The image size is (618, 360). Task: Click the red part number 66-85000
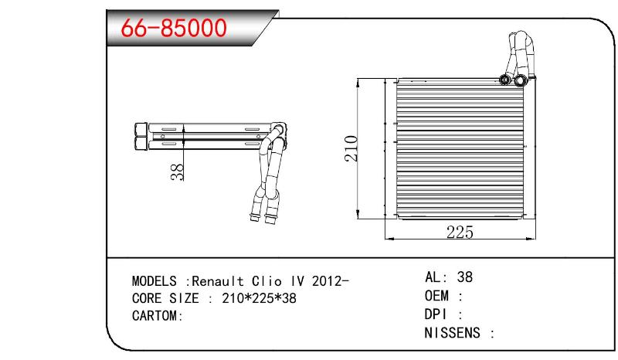[174, 28]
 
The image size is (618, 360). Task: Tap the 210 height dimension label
[351, 148]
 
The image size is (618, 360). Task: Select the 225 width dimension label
[460, 233]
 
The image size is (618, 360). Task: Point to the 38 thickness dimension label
[178, 172]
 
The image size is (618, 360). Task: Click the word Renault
[218, 281]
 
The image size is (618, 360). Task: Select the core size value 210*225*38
[259, 298]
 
